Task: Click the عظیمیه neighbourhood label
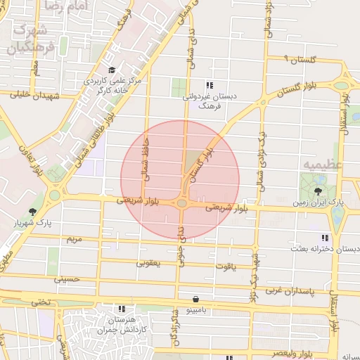(322, 164)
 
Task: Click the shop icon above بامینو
(185, 298)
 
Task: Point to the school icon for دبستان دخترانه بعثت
(324, 238)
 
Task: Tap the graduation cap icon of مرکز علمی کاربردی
(112, 70)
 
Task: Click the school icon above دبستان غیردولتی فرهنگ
(209, 85)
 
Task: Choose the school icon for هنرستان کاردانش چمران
(122, 308)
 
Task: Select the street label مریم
(73, 239)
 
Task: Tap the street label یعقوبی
(148, 263)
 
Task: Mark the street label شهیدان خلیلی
(26, 95)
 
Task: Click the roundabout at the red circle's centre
(181, 203)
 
